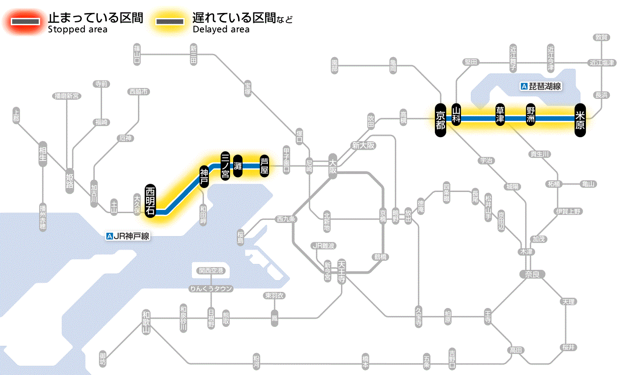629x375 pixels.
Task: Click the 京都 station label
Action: (440, 119)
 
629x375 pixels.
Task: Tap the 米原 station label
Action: (580, 119)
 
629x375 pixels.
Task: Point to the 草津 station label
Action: (500, 115)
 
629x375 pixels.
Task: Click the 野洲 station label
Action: (531, 115)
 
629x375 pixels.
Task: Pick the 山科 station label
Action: (456, 115)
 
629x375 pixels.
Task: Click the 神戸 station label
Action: (204, 176)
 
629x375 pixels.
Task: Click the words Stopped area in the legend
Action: (77, 30)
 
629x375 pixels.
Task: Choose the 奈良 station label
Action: (532, 274)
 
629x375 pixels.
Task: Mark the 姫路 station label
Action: (70, 181)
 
